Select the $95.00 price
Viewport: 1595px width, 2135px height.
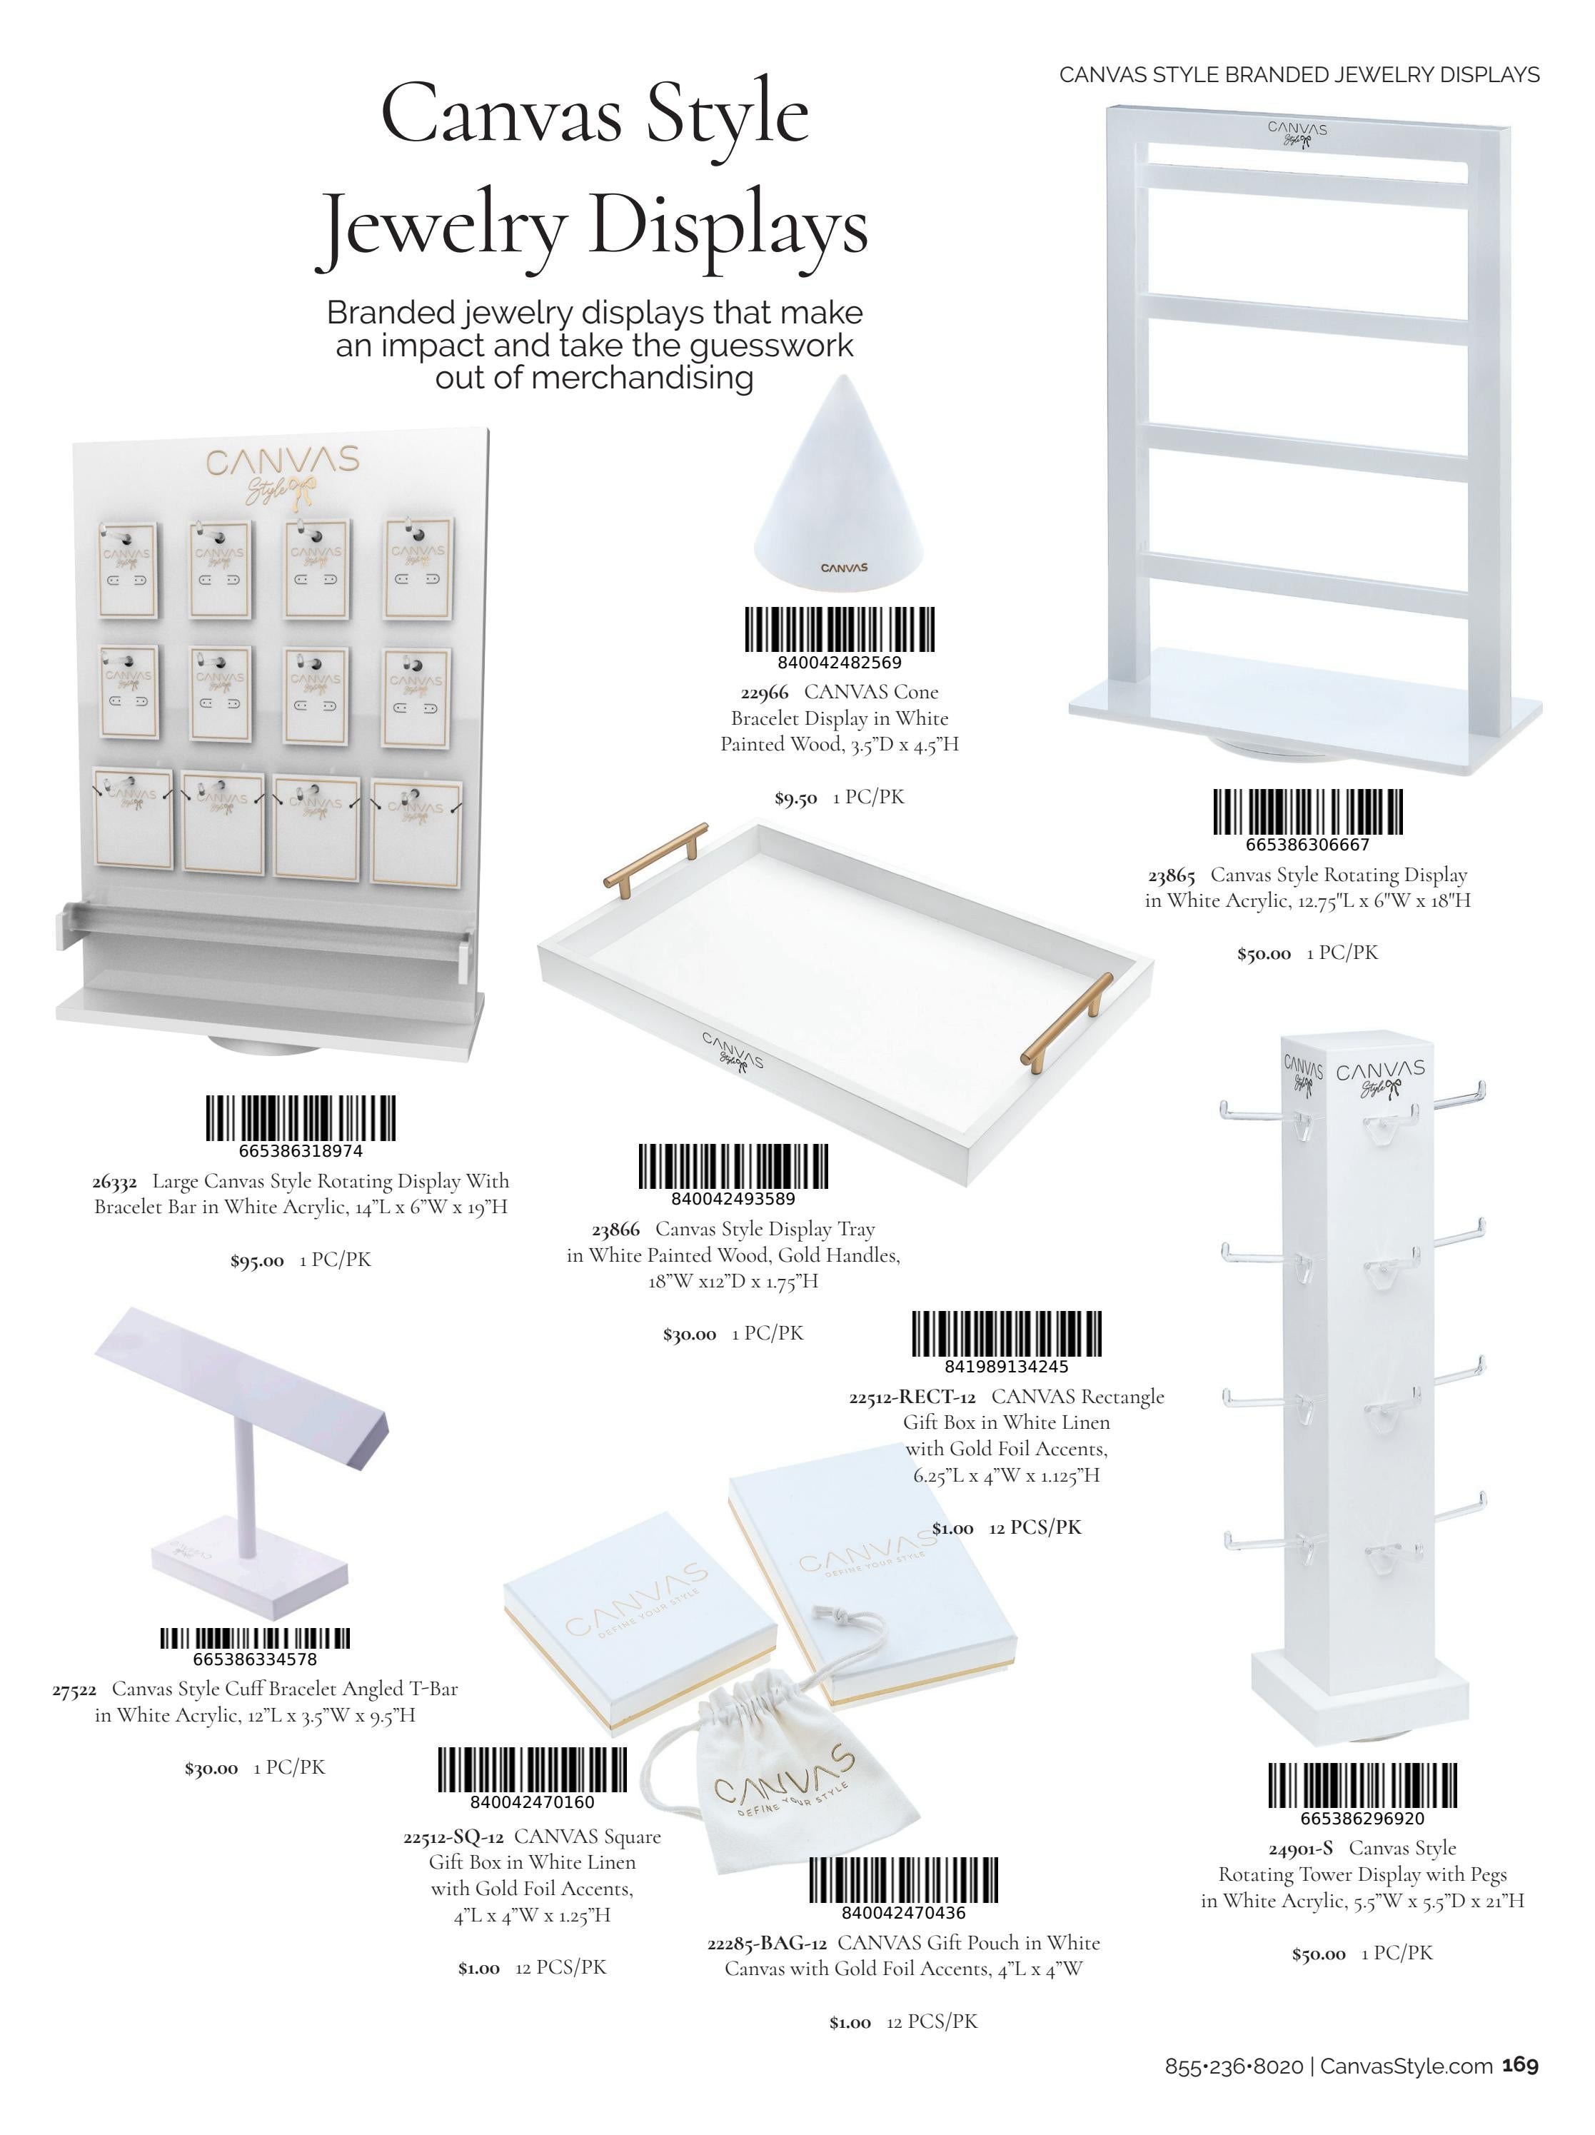(x=256, y=1260)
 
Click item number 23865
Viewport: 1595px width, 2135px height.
(x=1172, y=875)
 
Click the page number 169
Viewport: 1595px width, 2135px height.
(x=1520, y=2085)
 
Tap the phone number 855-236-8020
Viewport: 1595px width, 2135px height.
(x=1234, y=2086)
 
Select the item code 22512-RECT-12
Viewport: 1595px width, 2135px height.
(x=912, y=1397)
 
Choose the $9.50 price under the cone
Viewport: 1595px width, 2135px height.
(x=796, y=798)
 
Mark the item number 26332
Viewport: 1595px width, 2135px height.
(x=115, y=1182)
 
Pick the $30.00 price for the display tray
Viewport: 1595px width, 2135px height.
(x=689, y=1335)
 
